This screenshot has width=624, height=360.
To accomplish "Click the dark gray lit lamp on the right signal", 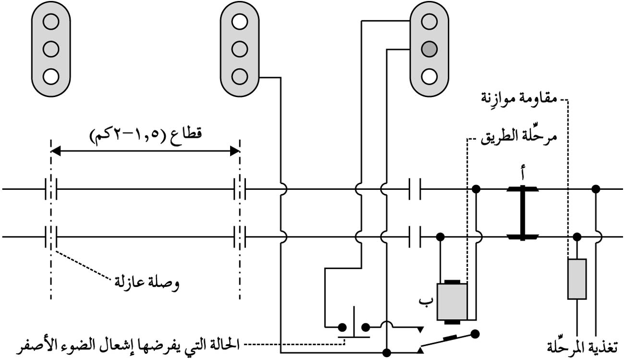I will coord(429,49).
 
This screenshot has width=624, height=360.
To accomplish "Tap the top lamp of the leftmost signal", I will coord(51,21).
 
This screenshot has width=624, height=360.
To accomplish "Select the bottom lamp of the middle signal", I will coord(239,76).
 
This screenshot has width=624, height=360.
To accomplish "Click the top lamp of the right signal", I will coord(429,21).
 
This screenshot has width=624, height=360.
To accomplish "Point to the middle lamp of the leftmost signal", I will coord(51,49).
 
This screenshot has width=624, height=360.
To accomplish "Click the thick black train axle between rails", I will coord(523,213).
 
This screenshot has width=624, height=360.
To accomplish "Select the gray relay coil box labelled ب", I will coord(452,301).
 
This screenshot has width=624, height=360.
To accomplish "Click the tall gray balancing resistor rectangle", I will coord(576,279).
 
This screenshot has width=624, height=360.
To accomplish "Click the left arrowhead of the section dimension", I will coord(55,151).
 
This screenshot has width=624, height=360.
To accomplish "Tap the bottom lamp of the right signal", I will coord(429,76).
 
